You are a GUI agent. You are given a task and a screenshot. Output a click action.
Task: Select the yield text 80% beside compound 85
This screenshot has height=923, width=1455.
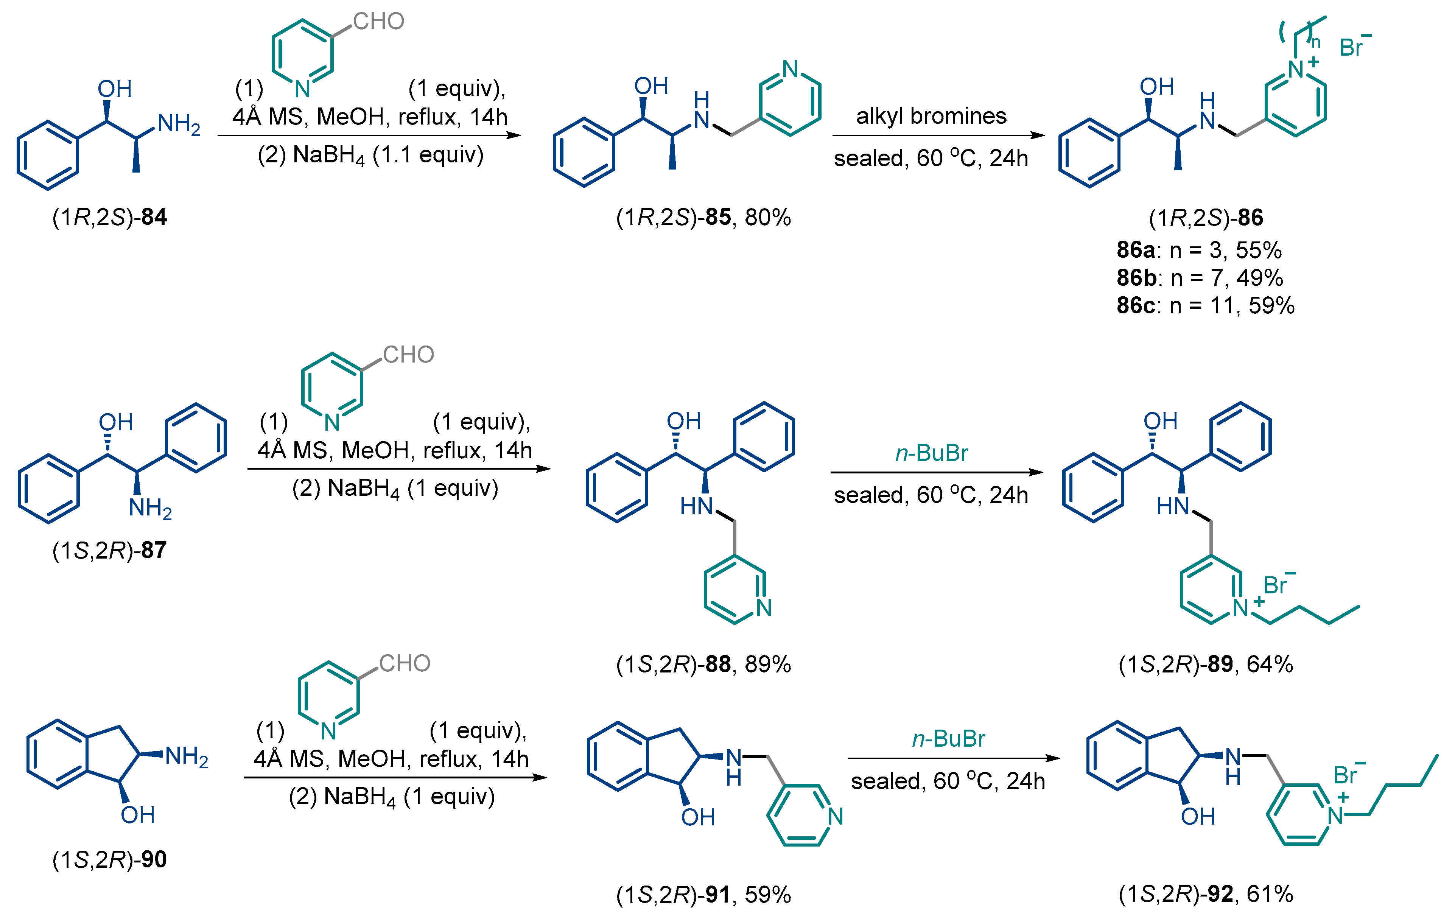pyautogui.click(x=767, y=218)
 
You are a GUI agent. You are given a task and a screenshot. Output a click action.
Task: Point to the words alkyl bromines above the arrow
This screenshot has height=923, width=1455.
pyautogui.click(x=931, y=116)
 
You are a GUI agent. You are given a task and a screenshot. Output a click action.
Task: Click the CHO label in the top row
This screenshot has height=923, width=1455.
pyautogui.click(x=378, y=22)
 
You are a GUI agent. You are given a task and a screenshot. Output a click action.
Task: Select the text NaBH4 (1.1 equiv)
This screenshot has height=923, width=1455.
pyautogui.click(x=370, y=155)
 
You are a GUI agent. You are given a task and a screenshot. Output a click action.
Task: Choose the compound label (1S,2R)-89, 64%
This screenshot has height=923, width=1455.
pyautogui.click(x=1206, y=664)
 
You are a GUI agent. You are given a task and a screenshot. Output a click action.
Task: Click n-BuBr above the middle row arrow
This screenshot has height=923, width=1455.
pyautogui.click(x=931, y=453)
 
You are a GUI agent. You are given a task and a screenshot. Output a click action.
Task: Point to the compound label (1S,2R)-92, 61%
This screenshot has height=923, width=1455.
pyautogui.click(x=1206, y=894)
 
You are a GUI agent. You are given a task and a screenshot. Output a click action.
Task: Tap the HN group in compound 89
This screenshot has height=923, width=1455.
pyautogui.click(x=1172, y=506)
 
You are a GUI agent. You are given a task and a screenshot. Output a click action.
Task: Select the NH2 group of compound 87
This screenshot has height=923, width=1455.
pyautogui.click(x=150, y=508)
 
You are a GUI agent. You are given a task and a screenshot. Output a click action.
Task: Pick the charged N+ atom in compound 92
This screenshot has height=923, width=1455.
pyautogui.click(x=1335, y=816)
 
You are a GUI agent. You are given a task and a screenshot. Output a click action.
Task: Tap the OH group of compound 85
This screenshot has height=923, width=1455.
pyautogui.click(x=651, y=86)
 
